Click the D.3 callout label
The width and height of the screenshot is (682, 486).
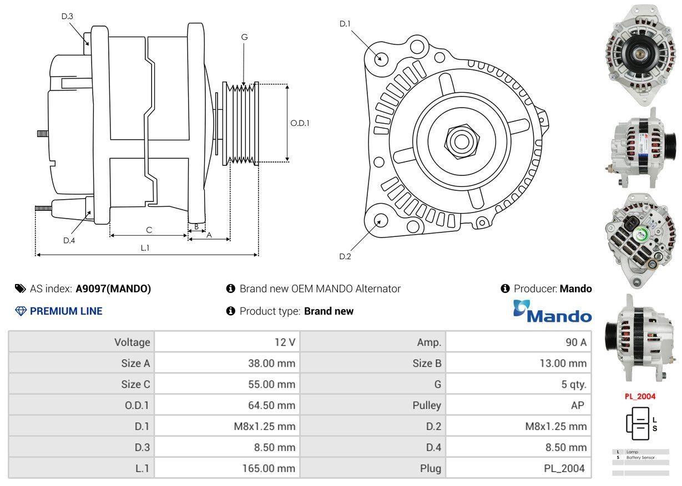click(67, 16)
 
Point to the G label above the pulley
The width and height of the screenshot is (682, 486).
click(244, 37)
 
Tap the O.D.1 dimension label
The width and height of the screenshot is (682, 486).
click(300, 123)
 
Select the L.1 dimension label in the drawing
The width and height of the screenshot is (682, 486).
click(145, 248)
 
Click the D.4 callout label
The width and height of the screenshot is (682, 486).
click(69, 240)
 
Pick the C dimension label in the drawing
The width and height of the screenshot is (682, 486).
click(149, 230)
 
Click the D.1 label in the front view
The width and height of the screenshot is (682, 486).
click(345, 23)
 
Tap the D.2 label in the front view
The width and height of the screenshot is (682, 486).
click(345, 256)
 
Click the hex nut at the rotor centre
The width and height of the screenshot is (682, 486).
click(458, 140)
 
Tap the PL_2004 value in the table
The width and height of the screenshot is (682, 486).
click(564, 469)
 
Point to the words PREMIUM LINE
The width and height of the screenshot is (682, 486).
click(66, 311)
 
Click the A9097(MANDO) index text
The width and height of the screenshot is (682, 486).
click(113, 288)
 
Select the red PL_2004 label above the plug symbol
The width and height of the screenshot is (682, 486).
click(640, 396)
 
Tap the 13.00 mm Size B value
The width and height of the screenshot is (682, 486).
click(562, 363)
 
